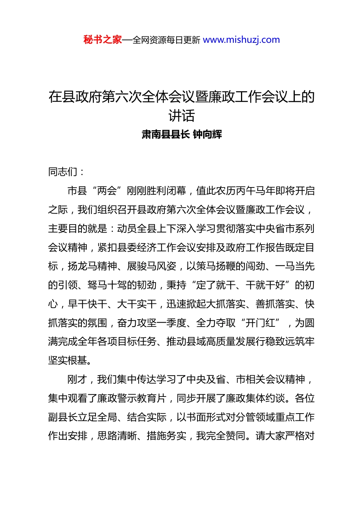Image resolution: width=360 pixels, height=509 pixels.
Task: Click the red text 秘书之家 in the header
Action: click(103, 40)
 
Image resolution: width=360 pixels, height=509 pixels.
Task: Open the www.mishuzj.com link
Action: click(241, 40)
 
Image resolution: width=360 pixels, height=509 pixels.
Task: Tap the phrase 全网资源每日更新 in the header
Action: click(166, 40)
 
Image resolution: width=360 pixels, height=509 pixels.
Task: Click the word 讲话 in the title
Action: click(182, 116)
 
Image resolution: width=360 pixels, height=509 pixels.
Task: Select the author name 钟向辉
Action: click(207, 134)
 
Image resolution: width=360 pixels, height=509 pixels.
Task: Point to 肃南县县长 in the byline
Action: click(166, 134)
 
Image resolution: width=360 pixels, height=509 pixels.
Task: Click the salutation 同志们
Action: click(63, 172)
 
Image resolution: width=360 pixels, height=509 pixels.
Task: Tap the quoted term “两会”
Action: click(107, 191)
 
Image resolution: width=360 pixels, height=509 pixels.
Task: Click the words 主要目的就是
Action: click(78, 229)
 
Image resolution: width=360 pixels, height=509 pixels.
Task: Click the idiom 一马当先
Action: click(295, 266)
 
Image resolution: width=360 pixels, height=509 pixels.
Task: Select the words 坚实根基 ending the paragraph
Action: click(68, 361)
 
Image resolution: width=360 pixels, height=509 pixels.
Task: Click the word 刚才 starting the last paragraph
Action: click(77, 379)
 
